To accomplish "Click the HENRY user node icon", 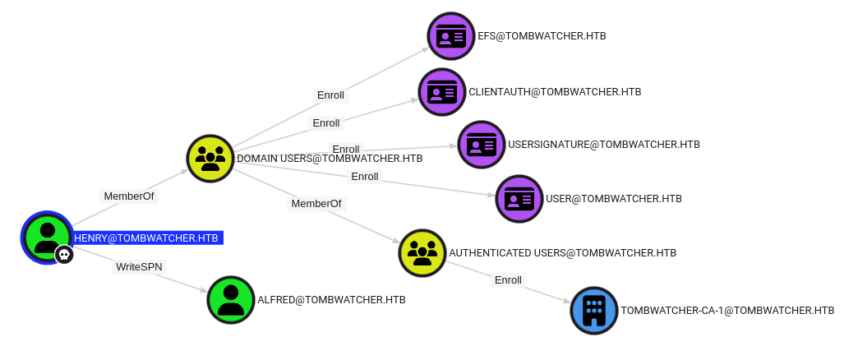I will pyautogui.click(x=48, y=237).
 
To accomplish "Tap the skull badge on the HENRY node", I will pyautogui.click(x=64, y=255).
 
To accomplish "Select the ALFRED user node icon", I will pyautogui.click(x=231, y=300).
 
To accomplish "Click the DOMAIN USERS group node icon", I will pyautogui.click(x=211, y=158).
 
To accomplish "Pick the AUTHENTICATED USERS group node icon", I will pyautogui.click(x=422, y=253).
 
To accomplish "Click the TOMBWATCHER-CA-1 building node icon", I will pyautogui.click(x=594, y=311).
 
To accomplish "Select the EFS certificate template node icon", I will pyautogui.click(x=451, y=36).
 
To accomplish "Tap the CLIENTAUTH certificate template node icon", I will pyautogui.click(x=442, y=92).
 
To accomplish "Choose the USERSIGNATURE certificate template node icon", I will pyautogui.click(x=482, y=145).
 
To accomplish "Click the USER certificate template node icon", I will pyautogui.click(x=519, y=199).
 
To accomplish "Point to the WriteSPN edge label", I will pyautogui.click(x=141, y=267).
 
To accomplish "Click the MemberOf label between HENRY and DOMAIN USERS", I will pyautogui.click(x=129, y=196).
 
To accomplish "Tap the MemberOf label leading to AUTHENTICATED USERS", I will pyautogui.click(x=316, y=203).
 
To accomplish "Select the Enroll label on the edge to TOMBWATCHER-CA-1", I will pyautogui.click(x=508, y=280).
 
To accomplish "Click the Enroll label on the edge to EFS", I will pyautogui.click(x=331, y=95).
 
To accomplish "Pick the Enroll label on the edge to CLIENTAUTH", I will pyautogui.click(x=326, y=123).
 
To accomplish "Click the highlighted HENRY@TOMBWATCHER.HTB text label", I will pyautogui.click(x=146, y=238).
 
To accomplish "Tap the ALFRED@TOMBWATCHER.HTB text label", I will pyautogui.click(x=331, y=300).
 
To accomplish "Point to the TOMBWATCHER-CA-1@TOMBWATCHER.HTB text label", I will pyautogui.click(x=727, y=311).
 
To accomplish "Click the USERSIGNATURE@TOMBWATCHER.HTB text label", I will pyautogui.click(x=604, y=145).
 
